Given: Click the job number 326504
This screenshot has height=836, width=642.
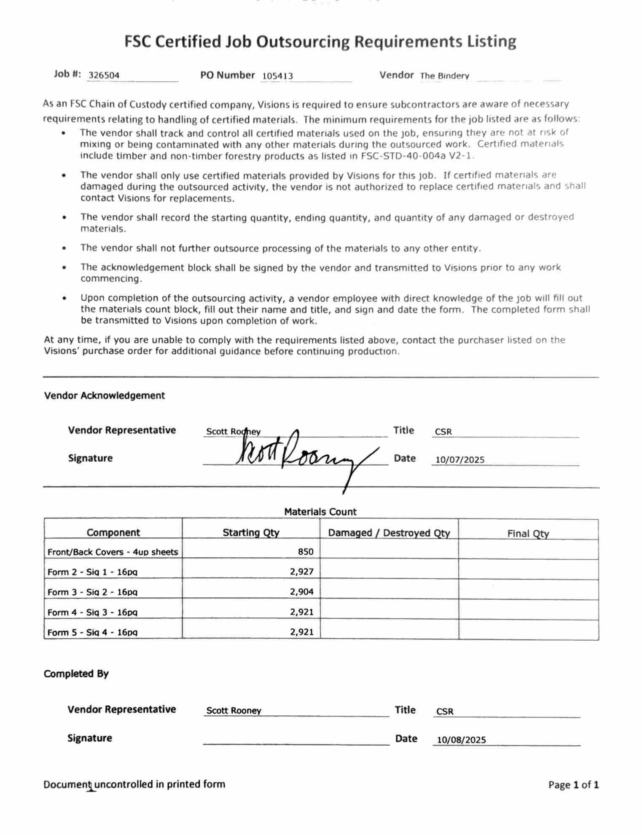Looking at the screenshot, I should pyautogui.click(x=104, y=76).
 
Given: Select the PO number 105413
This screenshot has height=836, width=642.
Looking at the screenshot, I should pyautogui.click(x=277, y=76).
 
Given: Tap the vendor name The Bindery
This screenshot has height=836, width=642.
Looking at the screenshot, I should pyautogui.click(x=444, y=76).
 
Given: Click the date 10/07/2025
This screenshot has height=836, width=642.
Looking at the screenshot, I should pyautogui.click(x=460, y=460).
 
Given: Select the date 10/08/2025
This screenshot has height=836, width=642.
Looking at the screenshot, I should pyautogui.click(x=461, y=739).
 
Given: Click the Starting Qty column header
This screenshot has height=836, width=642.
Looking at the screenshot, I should pyautogui.click(x=251, y=532).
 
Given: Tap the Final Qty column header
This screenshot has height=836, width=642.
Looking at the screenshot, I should pyautogui.click(x=528, y=534).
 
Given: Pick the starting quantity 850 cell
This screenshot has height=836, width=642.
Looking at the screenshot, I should pyautogui.click(x=306, y=551).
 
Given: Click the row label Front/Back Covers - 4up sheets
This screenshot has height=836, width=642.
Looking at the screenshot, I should pyautogui.click(x=113, y=552).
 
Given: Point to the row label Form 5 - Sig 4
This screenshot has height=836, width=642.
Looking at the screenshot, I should pyautogui.click(x=92, y=632).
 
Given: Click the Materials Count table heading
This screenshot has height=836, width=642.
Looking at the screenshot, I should pyautogui.click(x=320, y=512).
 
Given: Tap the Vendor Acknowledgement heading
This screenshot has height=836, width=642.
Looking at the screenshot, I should pyautogui.click(x=104, y=396).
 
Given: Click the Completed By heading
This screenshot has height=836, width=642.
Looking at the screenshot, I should pyautogui.click(x=76, y=674).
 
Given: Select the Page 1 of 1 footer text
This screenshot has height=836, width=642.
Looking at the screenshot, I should pyautogui.click(x=573, y=785).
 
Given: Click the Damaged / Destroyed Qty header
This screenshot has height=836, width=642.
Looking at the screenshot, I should pyautogui.click(x=389, y=533).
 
